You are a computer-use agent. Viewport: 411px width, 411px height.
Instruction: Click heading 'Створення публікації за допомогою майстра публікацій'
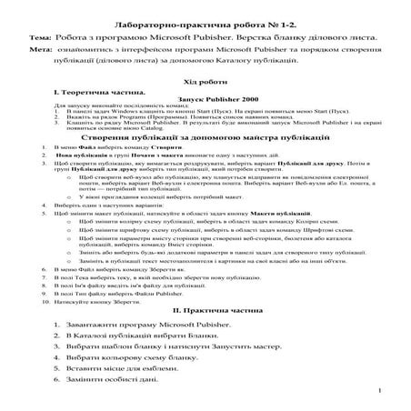(x=205, y=136)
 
